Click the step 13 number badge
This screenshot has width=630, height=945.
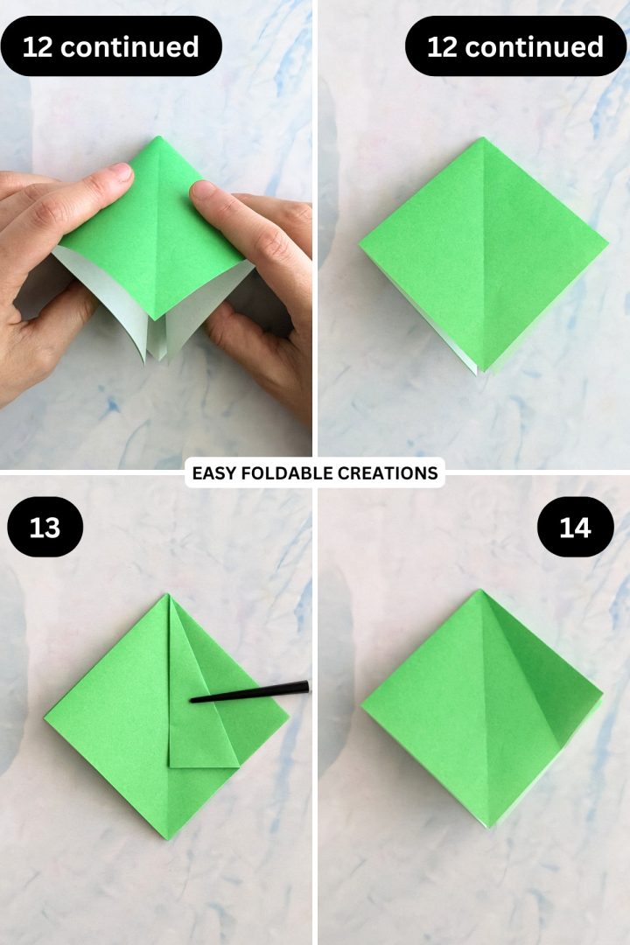[45, 527]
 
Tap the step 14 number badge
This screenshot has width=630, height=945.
[575, 527]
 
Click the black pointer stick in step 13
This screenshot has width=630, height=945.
[249, 692]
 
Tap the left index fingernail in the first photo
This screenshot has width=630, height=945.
[121, 172]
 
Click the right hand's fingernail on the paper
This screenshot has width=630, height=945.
[204, 191]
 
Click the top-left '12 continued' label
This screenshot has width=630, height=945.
[111, 46]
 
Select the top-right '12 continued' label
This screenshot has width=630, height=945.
[515, 46]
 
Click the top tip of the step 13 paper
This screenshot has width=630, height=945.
[168, 595]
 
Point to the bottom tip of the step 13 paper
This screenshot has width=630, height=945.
[168, 838]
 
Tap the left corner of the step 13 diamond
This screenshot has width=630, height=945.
[45, 717]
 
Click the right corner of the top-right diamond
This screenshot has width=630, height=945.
[607, 244]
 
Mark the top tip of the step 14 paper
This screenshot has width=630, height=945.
[480, 590]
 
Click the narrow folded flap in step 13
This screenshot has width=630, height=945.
[192, 699]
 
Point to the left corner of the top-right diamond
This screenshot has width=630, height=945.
[360, 245]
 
